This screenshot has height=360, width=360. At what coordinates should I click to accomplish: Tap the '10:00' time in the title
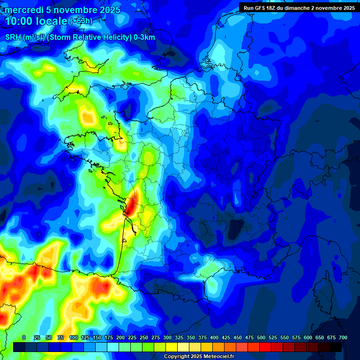(18, 21)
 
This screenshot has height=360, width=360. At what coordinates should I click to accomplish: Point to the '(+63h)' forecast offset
(81, 21)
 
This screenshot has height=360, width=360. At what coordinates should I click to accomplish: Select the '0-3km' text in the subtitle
(144, 37)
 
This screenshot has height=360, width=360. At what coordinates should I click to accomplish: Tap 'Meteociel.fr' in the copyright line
(214, 357)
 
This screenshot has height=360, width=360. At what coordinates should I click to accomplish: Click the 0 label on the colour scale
(24, 337)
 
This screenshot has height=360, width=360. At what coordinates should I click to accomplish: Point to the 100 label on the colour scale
(74, 337)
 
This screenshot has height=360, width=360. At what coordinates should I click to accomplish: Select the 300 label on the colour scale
(167, 337)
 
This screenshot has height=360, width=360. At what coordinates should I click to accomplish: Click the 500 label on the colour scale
(261, 337)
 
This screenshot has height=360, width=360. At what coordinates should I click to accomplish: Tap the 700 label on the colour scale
(343, 337)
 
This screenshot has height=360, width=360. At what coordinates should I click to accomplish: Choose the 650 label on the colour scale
(320, 337)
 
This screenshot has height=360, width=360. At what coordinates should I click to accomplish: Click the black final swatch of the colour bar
(336, 347)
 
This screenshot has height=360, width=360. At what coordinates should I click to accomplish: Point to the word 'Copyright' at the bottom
(177, 357)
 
